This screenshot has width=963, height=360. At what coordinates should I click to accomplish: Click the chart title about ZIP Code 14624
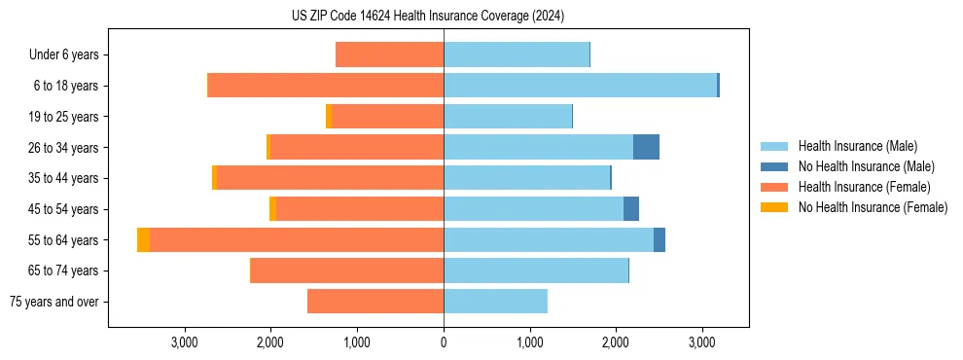428,17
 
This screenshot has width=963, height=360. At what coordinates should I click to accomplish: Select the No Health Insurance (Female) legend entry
873,207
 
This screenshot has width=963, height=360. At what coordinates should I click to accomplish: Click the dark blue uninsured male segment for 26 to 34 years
646,147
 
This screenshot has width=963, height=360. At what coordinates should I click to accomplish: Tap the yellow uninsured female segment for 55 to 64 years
144,240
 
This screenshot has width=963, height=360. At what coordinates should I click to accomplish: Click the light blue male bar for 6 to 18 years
580,86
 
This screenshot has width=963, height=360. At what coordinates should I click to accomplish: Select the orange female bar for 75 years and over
375,302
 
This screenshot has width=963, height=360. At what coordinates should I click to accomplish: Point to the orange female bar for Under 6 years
389,55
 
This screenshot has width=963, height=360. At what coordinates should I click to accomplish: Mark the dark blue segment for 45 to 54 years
631,209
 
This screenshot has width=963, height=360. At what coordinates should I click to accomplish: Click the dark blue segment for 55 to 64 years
660,240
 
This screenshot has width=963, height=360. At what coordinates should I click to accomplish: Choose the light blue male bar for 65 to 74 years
536,270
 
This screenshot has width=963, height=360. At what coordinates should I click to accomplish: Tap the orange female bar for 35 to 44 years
331,178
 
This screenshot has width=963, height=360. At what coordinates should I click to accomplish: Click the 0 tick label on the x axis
444,342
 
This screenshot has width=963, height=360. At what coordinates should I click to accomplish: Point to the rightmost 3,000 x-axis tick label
702,342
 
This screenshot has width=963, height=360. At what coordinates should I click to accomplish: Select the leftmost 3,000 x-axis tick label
185,342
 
